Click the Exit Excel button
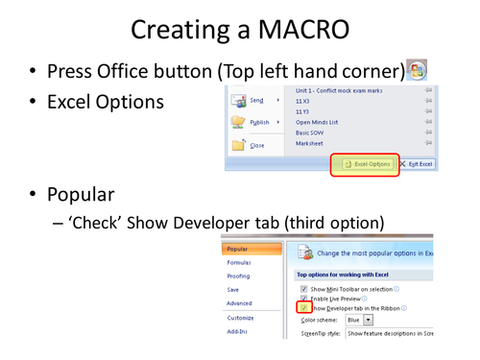416,164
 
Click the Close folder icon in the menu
238,145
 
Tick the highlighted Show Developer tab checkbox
302,306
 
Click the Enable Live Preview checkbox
303,298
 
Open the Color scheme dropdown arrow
368,320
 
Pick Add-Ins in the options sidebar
238,329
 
